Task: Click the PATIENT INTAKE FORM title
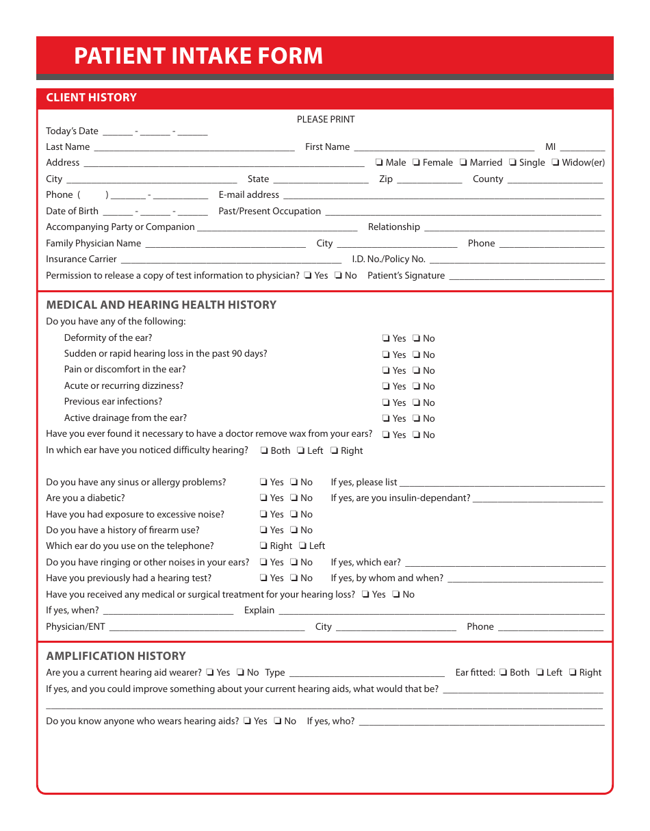[198, 55]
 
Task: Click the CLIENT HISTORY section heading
[91, 97]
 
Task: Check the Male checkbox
[378, 163]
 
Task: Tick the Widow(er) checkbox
[556, 163]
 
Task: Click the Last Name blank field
[194, 148]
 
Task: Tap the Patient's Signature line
[526, 277]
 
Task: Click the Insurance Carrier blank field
[231, 260]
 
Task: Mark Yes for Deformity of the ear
[386, 339]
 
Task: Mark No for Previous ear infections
[416, 403]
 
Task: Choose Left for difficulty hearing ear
[300, 451]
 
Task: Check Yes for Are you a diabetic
[263, 498]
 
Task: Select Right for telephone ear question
[263, 546]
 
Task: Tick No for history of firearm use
[294, 530]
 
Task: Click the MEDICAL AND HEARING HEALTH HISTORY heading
[161, 305]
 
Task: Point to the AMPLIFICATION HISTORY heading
[116, 656]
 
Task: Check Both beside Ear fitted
[503, 673]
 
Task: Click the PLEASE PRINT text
[326, 119]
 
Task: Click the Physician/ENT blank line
[207, 628]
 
